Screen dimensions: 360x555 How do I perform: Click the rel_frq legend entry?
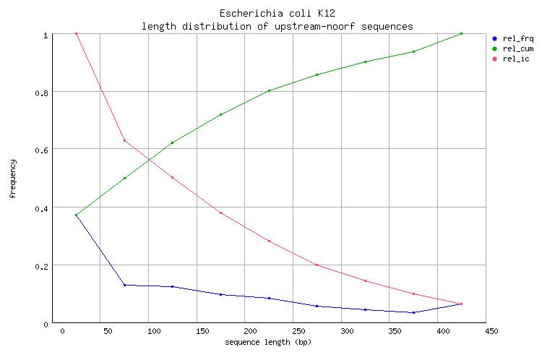(x=513, y=38)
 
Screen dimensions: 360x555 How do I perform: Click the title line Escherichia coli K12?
(x=277, y=14)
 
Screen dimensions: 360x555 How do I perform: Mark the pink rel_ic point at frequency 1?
(x=76, y=33)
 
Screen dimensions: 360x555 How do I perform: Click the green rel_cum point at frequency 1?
(x=461, y=33)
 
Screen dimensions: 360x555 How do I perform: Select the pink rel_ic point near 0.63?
(x=124, y=140)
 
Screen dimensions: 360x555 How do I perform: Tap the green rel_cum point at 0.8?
(x=269, y=90)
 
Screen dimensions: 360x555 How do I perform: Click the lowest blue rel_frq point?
(x=413, y=312)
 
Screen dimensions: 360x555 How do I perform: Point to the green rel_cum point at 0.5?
(x=124, y=178)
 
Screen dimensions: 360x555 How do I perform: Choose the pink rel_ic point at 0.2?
(x=317, y=265)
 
